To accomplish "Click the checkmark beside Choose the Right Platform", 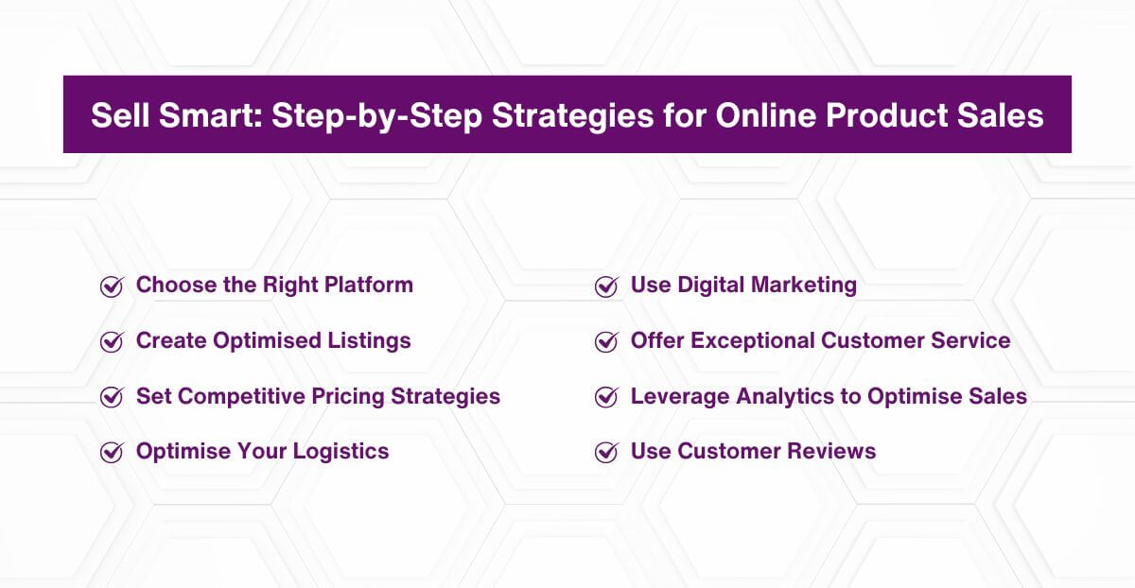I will click(x=112, y=286).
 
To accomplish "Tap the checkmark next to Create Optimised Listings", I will click(x=112, y=342).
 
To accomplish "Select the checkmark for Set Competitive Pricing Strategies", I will click(x=112, y=397).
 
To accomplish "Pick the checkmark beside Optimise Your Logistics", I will click(x=112, y=452).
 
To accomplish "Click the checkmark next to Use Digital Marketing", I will click(x=606, y=286).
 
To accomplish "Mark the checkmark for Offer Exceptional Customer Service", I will click(x=606, y=342).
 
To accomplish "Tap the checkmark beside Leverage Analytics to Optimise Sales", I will click(x=606, y=397).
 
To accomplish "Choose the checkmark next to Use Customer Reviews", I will click(x=606, y=452).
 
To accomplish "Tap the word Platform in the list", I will click(x=370, y=285).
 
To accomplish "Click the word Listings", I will click(x=368, y=340).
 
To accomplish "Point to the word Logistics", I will click(x=340, y=450).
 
